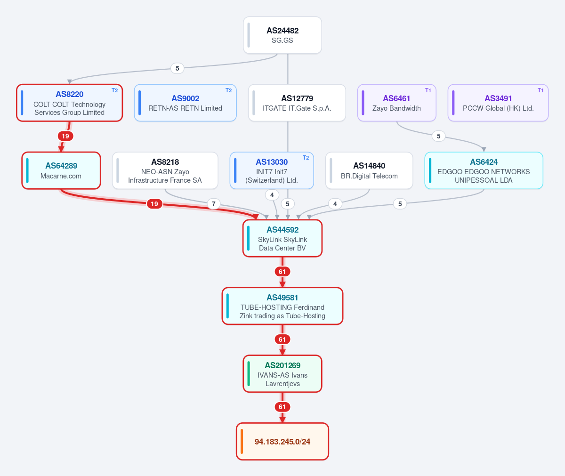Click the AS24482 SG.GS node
click(x=282, y=35)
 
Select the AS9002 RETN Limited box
click(x=186, y=103)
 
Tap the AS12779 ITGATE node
click(x=297, y=103)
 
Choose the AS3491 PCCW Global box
click(x=498, y=103)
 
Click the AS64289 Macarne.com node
click(x=61, y=170)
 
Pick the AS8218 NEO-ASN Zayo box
click(x=165, y=170)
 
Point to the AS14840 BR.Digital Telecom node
click(x=369, y=170)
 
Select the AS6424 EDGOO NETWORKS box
click(x=484, y=170)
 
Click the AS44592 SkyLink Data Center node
click(x=282, y=238)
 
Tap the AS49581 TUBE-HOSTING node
click(x=282, y=306)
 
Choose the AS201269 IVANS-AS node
click(x=282, y=373)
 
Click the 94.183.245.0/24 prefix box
click(x=282, y=441)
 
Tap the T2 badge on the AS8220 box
click(x=115, y=90)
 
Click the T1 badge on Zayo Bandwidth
click(x=428, y=90)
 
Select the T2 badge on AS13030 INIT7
click(x=306, y=158)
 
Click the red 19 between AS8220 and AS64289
click(x=65, y=136)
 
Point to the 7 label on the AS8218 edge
click(x=213, y=204)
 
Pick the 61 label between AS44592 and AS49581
click(x=282, y=271)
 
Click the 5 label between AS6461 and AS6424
click(x=439, y=136)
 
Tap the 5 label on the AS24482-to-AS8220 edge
click(x=177, y=68)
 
